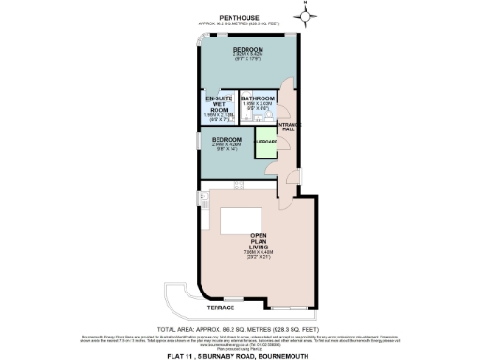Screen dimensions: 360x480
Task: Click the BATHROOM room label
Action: click(256, 98)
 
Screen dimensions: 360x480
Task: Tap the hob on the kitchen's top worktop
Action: click(238, 186)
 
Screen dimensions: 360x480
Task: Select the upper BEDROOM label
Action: click(247, 49)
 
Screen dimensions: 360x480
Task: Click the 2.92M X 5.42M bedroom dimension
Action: click(247, 55)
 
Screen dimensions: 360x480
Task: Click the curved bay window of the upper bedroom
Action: click(203, 40)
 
